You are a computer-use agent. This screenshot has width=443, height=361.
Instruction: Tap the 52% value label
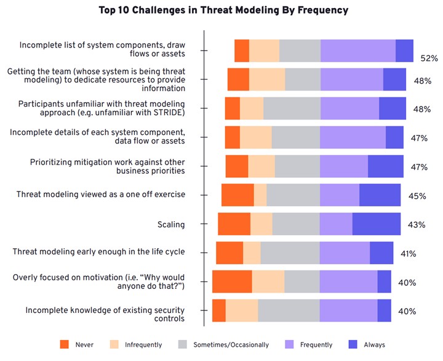tap(429, 59)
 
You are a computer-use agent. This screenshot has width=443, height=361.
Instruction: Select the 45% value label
tap(418, 196)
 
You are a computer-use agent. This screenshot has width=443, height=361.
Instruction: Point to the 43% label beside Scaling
tap(417, 225)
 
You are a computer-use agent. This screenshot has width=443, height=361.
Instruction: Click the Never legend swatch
tap(64, 344)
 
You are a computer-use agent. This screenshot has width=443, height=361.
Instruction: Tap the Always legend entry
tap(369, 344)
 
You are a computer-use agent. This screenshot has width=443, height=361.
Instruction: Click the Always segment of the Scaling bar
tap(376, 224)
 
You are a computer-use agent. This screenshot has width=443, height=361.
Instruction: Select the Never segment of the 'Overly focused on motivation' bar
tap(232, 282)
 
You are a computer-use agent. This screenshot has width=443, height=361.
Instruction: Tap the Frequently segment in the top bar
tap(358, 51)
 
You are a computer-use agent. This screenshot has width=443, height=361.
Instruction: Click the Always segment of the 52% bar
tap(404, 51)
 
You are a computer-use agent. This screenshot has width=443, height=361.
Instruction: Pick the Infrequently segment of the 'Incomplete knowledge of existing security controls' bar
tap(242, 310)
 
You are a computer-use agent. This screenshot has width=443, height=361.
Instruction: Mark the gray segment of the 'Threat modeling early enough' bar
tap(290, 253)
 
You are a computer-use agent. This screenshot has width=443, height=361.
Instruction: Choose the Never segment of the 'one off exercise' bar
tap(237, 195)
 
